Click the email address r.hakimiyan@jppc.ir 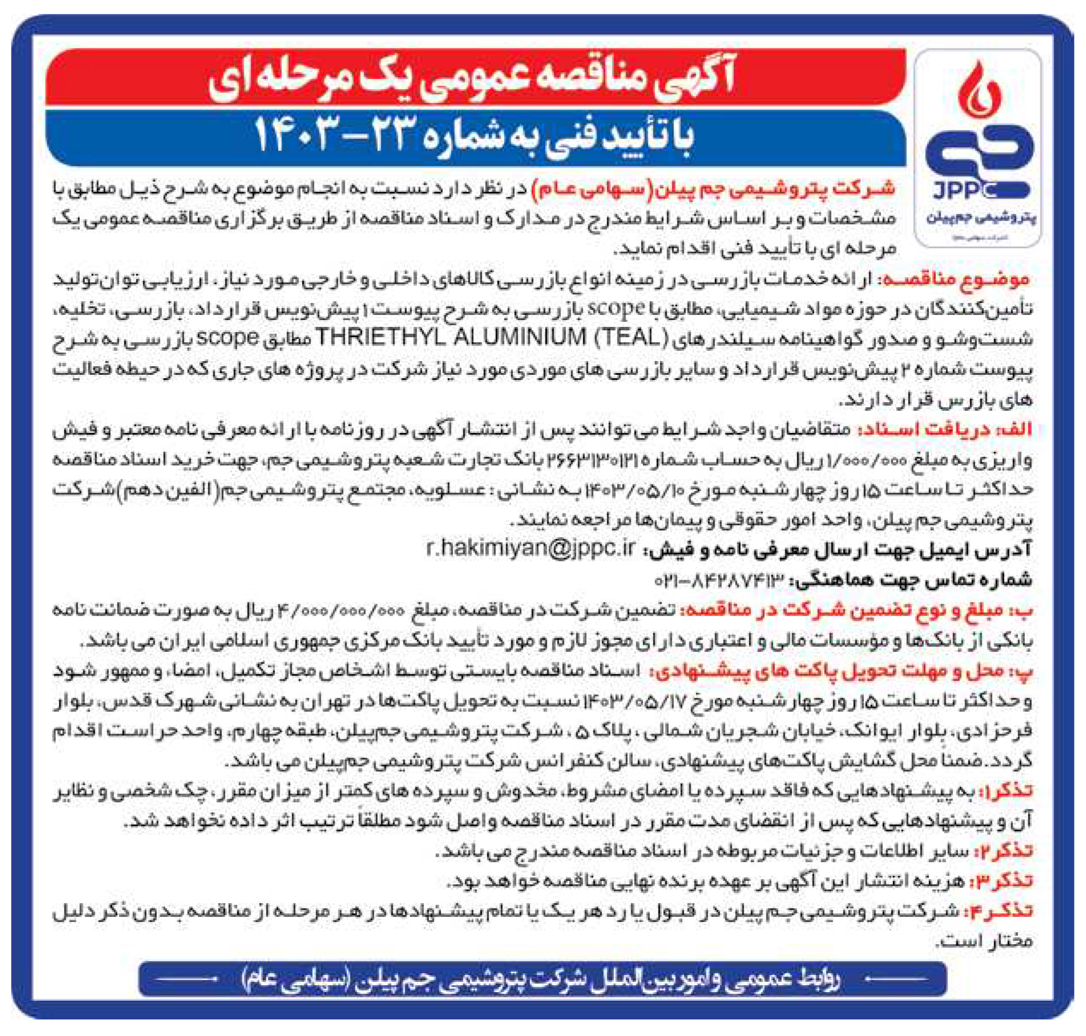pos(531,549)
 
